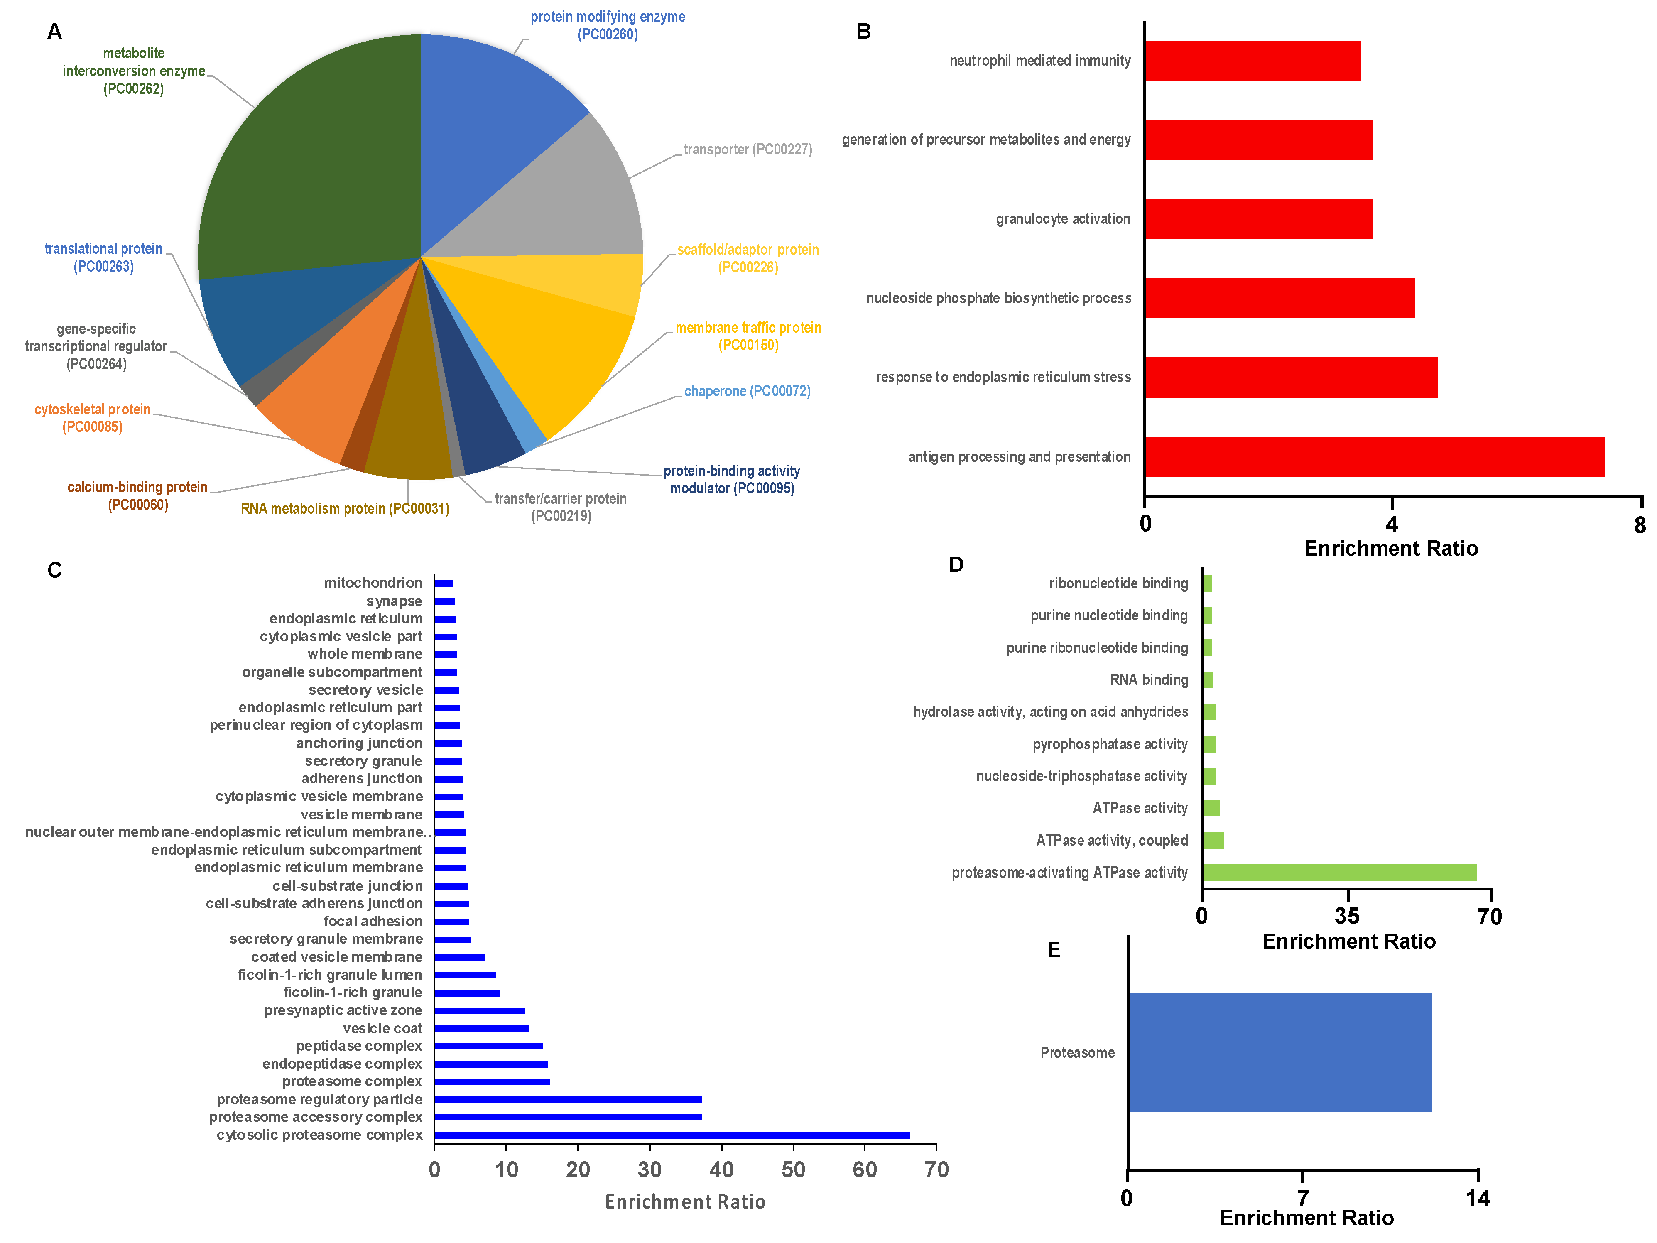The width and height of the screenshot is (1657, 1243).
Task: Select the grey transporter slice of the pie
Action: [x=554, y=195]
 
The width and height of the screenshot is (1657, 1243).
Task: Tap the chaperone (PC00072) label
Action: [x=747, y=391]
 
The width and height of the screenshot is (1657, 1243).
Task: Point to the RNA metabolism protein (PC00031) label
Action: [x=345, y=509]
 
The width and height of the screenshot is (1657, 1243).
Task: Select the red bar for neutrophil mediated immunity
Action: [x=1253, y=61]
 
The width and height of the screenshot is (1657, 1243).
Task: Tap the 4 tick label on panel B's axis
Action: [x=1392, y=524]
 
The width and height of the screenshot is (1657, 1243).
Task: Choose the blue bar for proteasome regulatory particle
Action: [x=568, y=1099]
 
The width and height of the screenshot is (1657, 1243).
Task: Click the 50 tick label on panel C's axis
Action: [x=792, y=1169]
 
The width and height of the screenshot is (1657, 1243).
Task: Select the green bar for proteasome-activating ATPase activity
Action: [x=1338, y=872]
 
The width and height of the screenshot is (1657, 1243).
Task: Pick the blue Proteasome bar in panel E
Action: [x=1280, y=1052]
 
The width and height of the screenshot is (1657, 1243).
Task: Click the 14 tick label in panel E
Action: [x=1477, y=1198]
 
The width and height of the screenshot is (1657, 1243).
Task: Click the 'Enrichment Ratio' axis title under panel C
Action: [x=685, y=1202]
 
